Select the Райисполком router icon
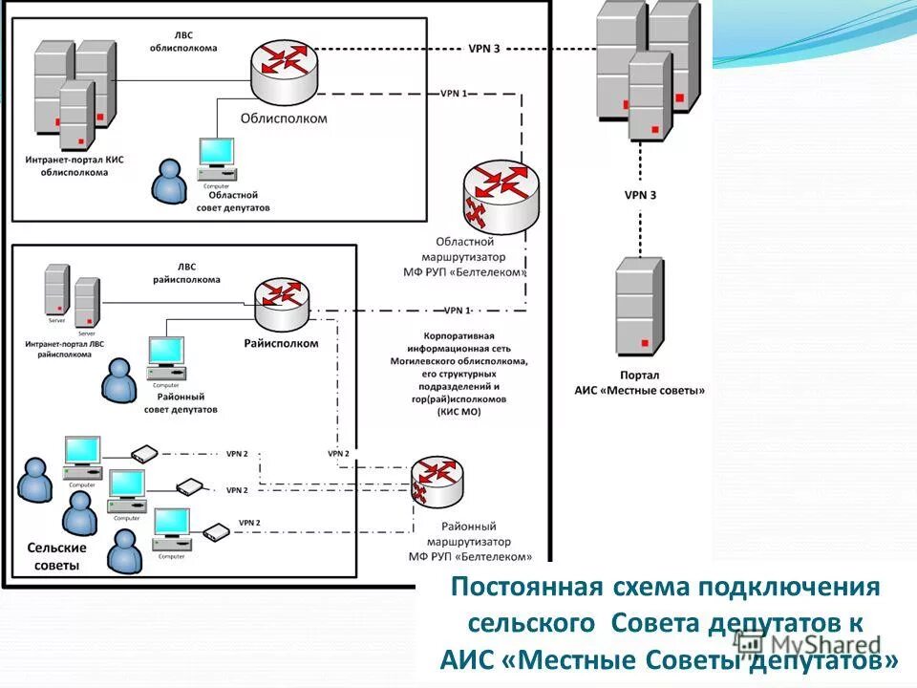(283, 301)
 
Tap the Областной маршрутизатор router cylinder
(499, 197)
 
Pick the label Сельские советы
(56, 556)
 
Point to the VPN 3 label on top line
(483, 49)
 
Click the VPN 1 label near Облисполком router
(454, 94)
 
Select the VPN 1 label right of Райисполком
(458, 311)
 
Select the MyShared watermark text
(823, 646)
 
